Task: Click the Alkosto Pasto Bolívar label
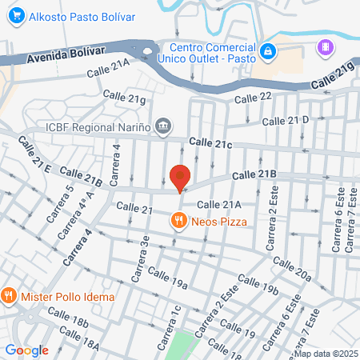click(79, 15)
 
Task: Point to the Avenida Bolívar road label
click(66, 54)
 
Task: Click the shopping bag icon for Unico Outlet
click(268, 50)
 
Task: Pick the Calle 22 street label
click(254, 97)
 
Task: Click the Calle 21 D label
click(286, 121)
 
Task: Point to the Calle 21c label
click(210, 143)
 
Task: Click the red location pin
click(180, 177)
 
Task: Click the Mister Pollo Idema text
click(68, 296)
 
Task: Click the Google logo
click(26, 350)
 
